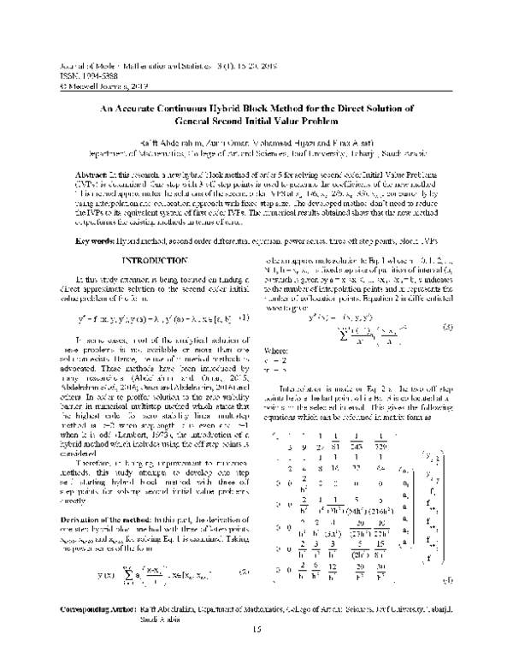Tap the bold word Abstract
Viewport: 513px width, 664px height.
(x=94, y=148)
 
